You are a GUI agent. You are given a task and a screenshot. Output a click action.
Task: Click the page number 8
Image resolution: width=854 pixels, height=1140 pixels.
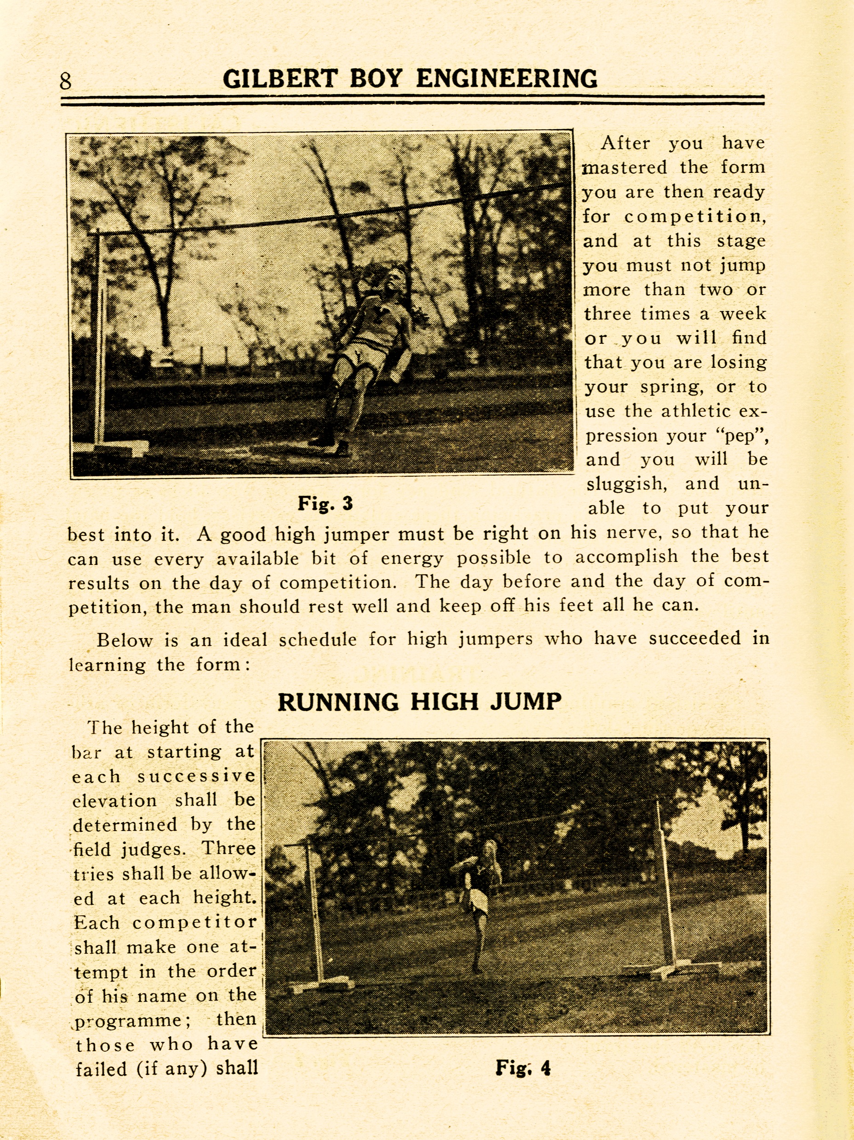pos(65,81)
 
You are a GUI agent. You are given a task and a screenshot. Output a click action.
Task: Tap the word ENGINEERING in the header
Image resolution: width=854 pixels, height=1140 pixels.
pos(507,79)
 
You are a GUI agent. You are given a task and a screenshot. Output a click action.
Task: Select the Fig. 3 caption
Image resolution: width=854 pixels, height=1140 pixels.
pos(325,503)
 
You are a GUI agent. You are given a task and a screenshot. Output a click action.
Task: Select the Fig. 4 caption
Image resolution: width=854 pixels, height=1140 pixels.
pos(523,1067)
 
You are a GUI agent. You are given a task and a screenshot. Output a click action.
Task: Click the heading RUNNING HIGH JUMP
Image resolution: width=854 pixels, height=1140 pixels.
pos(419,702)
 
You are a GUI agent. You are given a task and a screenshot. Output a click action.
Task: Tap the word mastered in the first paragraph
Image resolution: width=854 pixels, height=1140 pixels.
pos(625,167)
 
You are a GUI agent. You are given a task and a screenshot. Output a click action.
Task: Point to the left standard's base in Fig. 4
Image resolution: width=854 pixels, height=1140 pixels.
pos(322,984)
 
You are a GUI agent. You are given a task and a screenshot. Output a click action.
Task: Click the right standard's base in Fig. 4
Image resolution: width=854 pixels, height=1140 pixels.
pos(670,969)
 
